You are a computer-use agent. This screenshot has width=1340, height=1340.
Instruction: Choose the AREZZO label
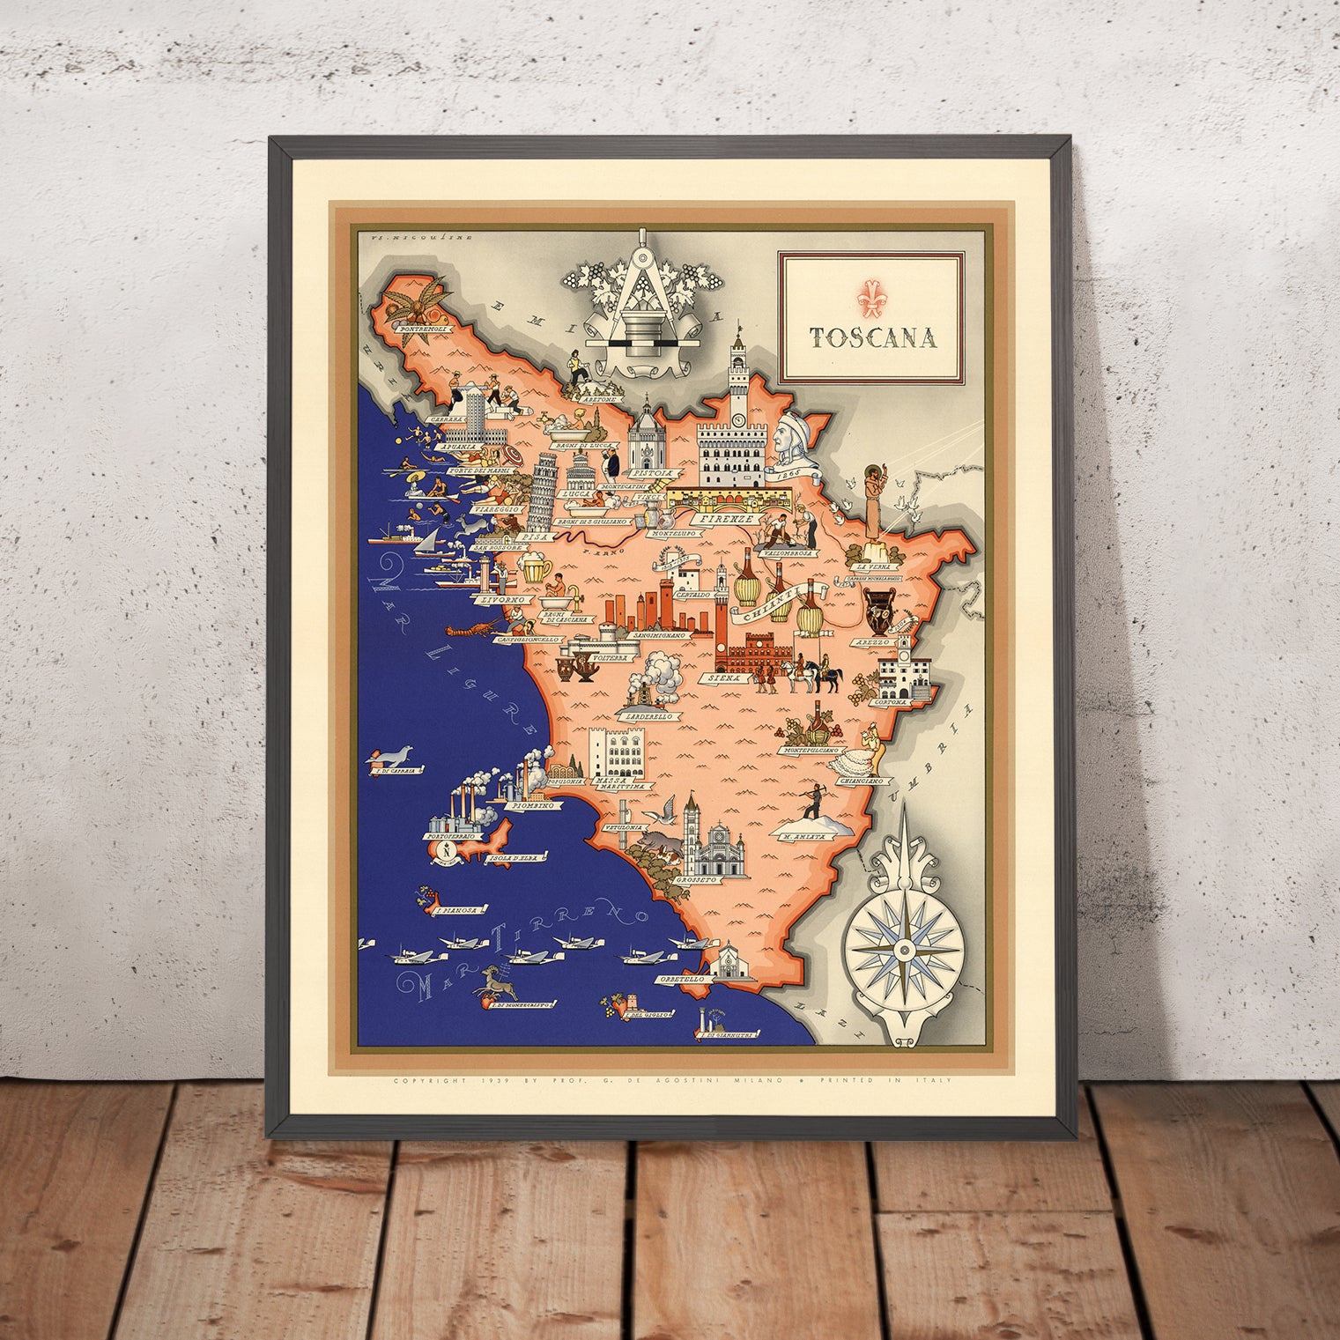point(869,644)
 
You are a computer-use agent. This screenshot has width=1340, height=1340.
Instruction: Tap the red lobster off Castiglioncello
point(465,631)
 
